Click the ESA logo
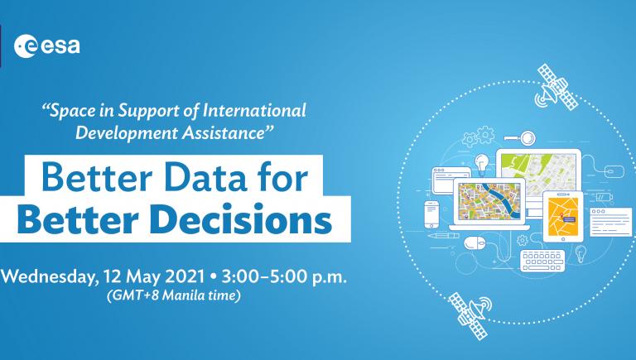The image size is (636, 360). [x=47, y=46]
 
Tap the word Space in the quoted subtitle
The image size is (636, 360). [x=71, y=112]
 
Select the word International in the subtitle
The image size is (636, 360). [x=254, y=110]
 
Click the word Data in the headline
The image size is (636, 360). [x=205, y=178]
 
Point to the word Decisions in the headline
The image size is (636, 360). [x=243, y=220]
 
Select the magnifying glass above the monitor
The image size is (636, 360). [x=521, y=138]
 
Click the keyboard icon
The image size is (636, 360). [x=542, y=260]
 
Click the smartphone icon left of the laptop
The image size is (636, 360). [x=431, y=214]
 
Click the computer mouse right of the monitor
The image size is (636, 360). [x=614, y=171]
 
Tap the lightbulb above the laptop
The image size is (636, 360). [x=481, y=163]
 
